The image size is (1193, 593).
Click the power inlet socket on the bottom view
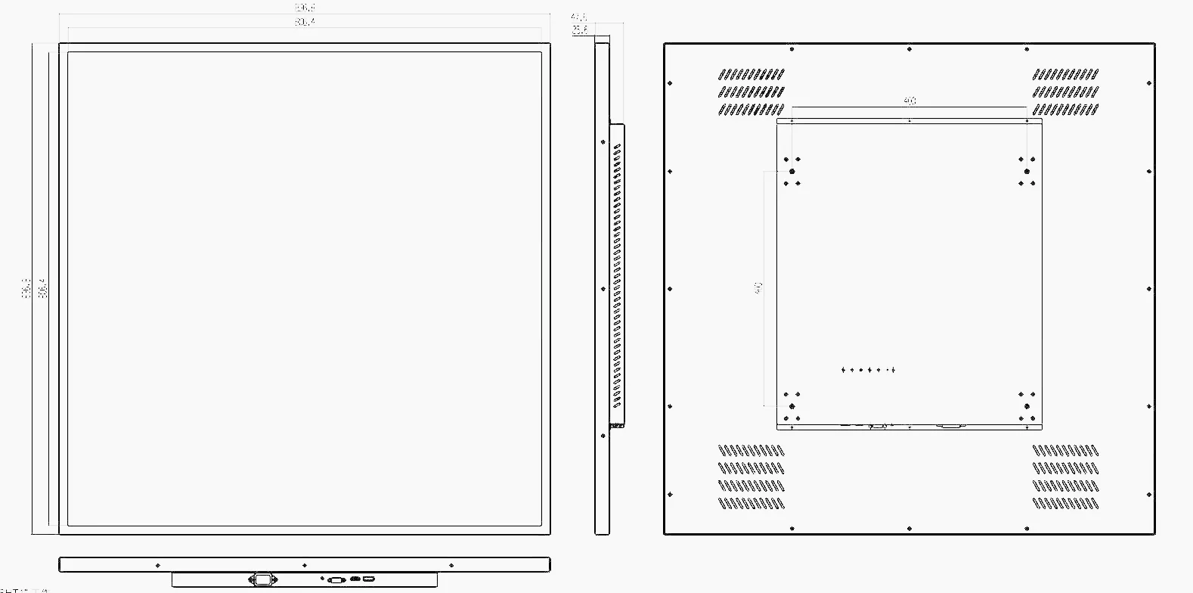click(262, 579)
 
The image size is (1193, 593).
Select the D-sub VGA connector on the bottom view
click(336, 579)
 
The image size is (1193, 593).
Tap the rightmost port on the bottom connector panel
click(368, 579)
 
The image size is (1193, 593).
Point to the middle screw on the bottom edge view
click(304, 565)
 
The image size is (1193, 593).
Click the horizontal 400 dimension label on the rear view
click(909, 101)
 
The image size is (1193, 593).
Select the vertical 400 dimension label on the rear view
click(758, 288)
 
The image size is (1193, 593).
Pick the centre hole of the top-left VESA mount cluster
click(792, 172)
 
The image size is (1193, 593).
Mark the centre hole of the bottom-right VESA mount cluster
click(1027, 406)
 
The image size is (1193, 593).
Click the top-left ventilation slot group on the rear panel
click(751, 92)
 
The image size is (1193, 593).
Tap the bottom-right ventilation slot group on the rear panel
click(1065, 477)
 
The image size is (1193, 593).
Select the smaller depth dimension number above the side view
click(580, 30)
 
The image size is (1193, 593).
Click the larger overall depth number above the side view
click(578, 16)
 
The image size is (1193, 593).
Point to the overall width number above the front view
click(305, 8)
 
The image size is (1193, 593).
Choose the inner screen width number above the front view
click(305, 22)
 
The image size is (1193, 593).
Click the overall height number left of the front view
click(26, 288)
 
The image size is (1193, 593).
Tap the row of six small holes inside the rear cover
click(868, 370)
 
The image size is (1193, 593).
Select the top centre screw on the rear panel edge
click(909, 49)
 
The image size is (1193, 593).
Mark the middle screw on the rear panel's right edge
click(1149, 289)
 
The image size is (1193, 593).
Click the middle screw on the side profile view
click(603, 289)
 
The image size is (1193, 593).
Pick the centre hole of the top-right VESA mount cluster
click(1027, 172)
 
